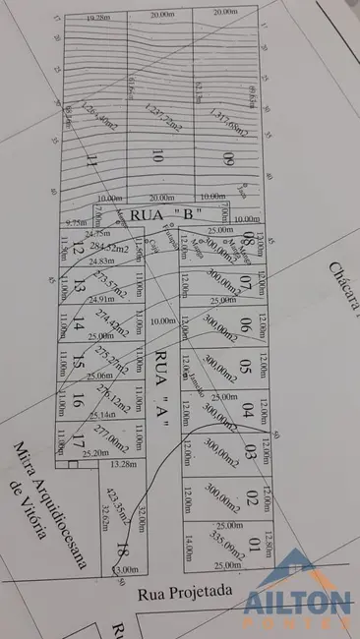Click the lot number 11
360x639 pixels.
coord(92,160)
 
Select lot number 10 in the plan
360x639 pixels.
coord(157,155)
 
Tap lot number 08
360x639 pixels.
coord(248,241)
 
